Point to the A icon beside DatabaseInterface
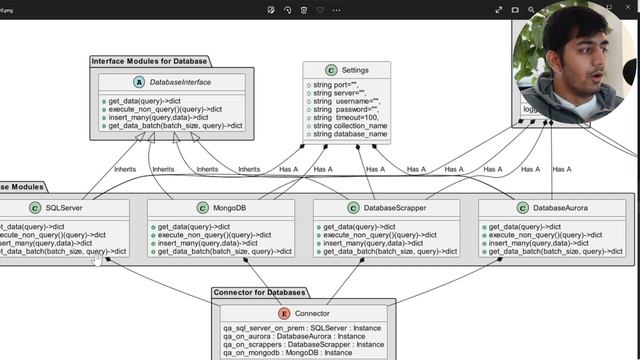coord(138,81)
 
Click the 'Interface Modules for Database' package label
coord(150,61)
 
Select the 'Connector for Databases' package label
coord(260,293)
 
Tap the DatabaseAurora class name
coord(560,208)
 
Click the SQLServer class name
coord(64,208)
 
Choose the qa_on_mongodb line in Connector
coord(287,353)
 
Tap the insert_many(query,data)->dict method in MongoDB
coord(200,243)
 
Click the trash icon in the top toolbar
coord(320,10)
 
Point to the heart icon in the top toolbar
coord(304,10)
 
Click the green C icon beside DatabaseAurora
coord(521,208)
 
